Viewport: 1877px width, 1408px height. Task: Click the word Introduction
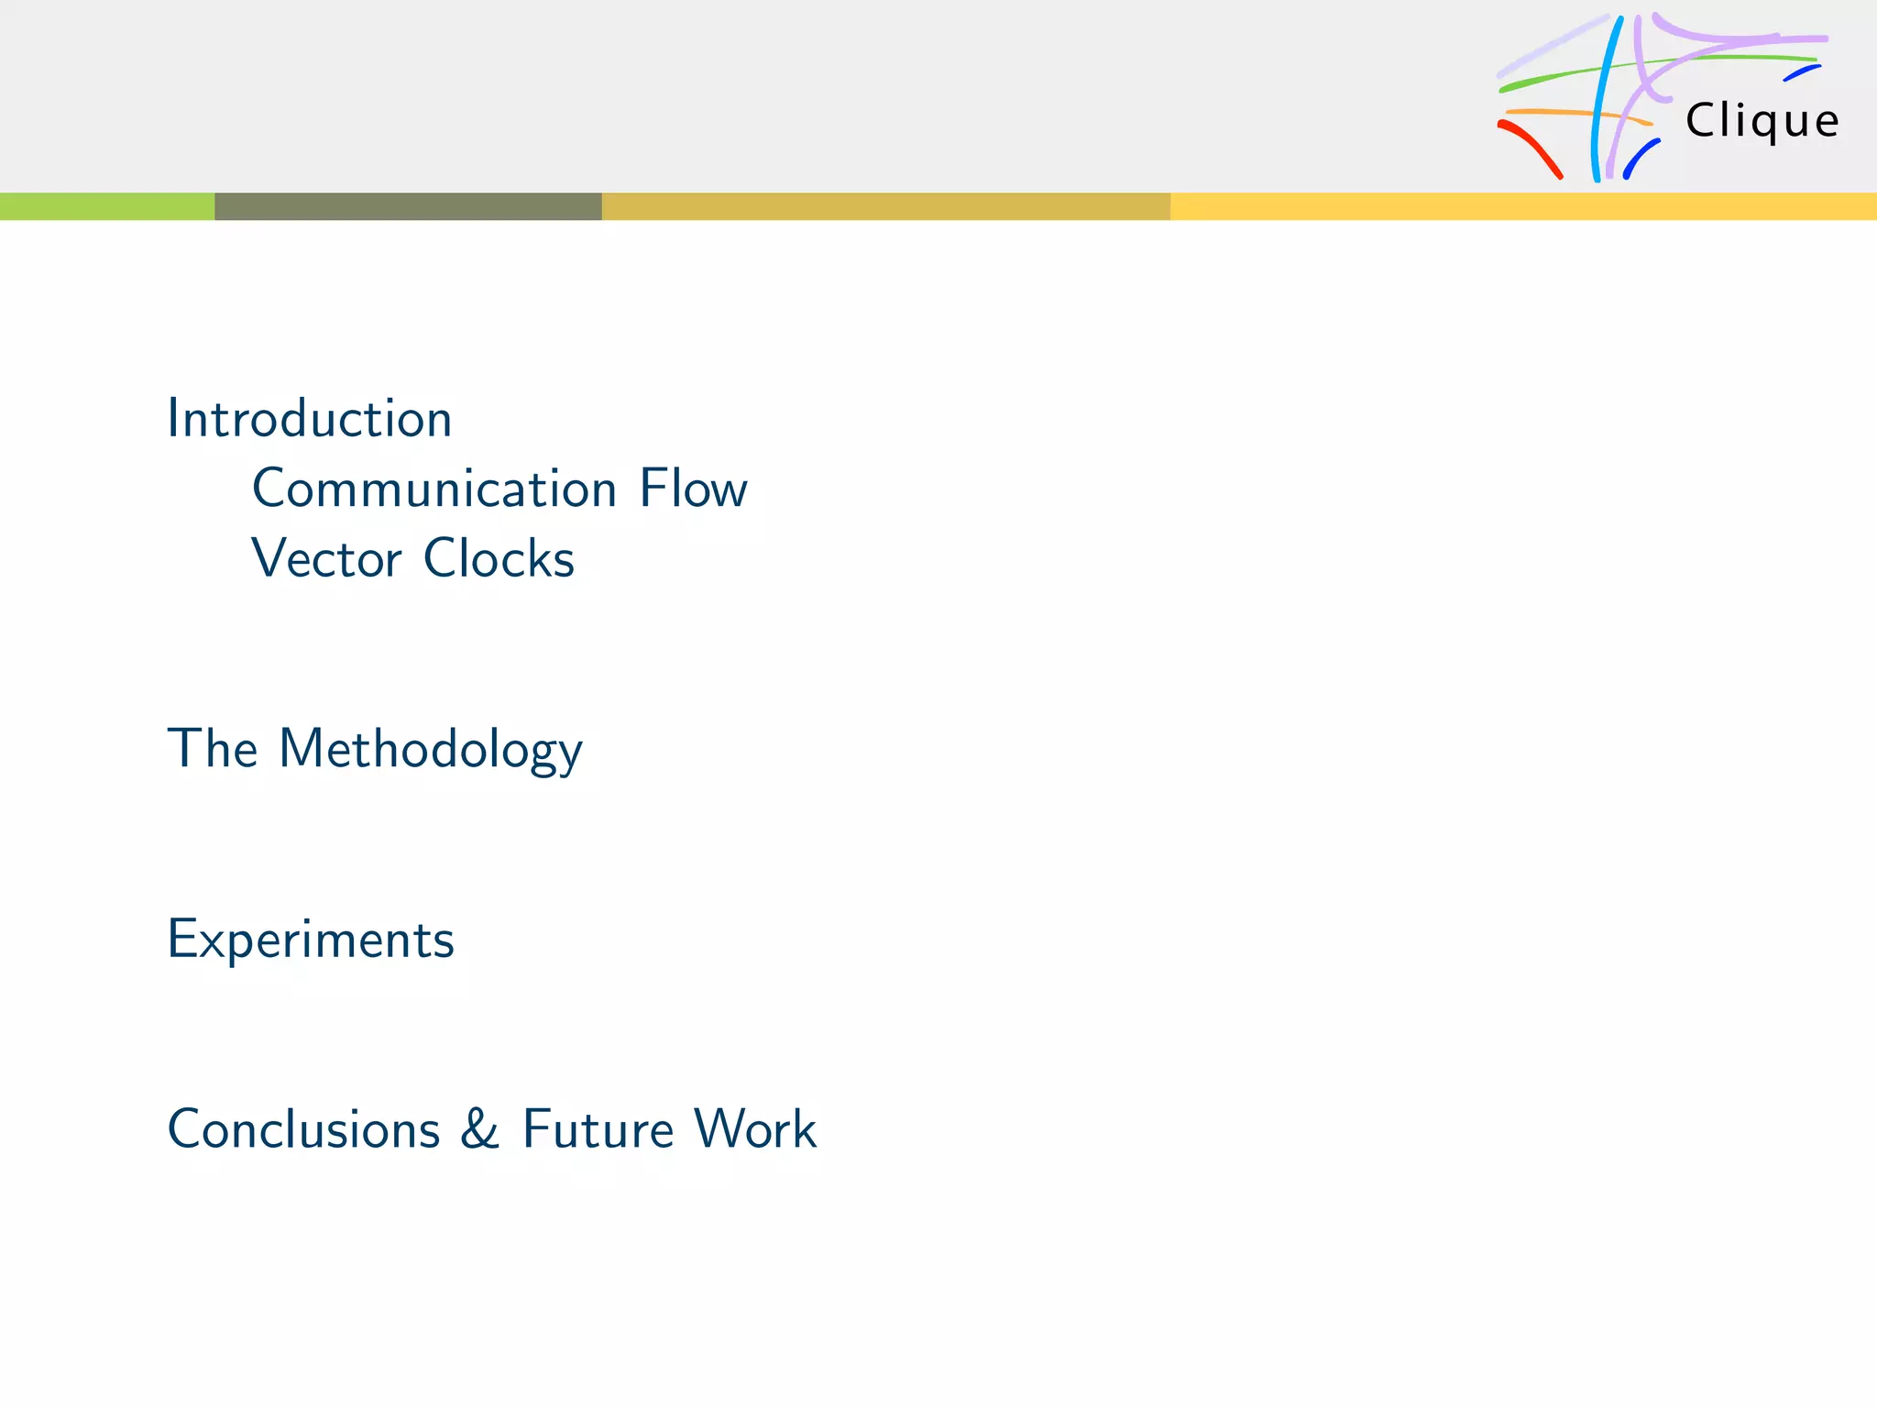[310, 419]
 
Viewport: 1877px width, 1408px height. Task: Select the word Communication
[434, 489]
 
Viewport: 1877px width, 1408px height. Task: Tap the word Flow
[693, 489]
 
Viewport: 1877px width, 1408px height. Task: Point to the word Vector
[326, 558]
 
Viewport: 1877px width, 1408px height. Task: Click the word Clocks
[499, 558]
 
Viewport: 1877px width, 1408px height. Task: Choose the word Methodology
[430, 749]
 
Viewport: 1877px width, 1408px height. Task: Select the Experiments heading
[311, 940]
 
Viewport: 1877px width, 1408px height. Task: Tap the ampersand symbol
[480, 1128]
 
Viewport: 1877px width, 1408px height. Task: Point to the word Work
[755, 1128]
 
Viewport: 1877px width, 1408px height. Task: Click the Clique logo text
[1762, 121]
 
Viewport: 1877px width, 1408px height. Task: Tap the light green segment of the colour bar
[107, 206]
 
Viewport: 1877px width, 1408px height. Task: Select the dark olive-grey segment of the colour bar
[408, 206]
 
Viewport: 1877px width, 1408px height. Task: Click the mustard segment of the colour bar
[885, 206]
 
